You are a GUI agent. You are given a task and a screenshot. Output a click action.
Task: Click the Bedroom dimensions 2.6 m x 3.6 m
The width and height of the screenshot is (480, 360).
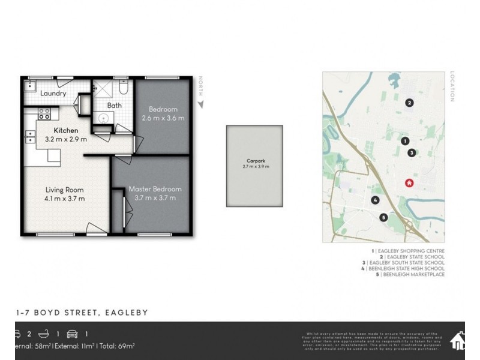point(163,118)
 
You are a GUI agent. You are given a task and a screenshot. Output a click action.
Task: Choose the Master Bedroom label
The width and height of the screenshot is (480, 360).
point(155,189)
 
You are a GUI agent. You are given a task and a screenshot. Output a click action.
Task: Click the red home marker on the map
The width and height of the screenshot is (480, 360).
point(410,183)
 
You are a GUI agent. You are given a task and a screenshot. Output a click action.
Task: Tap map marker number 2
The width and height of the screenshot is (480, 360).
point(409,103)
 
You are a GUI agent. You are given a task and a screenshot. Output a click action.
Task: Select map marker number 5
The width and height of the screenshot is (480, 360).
point(383,217)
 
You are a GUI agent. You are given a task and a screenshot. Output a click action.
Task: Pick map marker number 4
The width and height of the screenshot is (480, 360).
point(375,200)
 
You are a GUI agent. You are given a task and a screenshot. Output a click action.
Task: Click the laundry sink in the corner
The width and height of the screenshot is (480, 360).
point(29,86)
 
